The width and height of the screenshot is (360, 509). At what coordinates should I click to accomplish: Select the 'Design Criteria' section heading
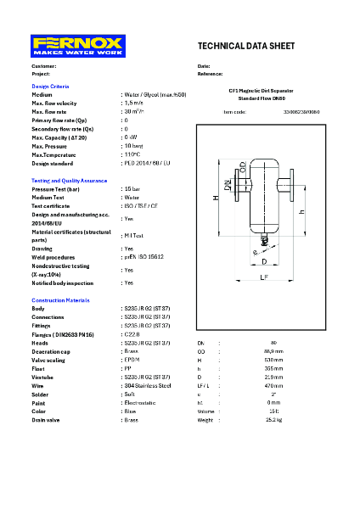click(x=50, y=87)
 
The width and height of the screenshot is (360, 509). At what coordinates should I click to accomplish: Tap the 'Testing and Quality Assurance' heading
click(x=69, y=181)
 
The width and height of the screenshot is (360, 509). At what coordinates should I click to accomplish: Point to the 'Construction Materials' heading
click(x=61, y=301)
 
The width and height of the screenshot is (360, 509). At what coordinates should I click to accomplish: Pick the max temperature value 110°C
click(x=132, y=154)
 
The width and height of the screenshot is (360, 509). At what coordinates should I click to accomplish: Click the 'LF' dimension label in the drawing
click(x=264, y=276)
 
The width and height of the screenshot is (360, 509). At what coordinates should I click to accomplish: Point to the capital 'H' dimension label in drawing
click(x=217, y=198)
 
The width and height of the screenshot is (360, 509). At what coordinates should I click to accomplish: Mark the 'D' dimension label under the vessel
click(x=263, y=261)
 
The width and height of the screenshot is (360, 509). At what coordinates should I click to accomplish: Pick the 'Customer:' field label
click(x=44, y=65)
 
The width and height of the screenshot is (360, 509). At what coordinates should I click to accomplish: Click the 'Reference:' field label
click(x=210, y=73)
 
